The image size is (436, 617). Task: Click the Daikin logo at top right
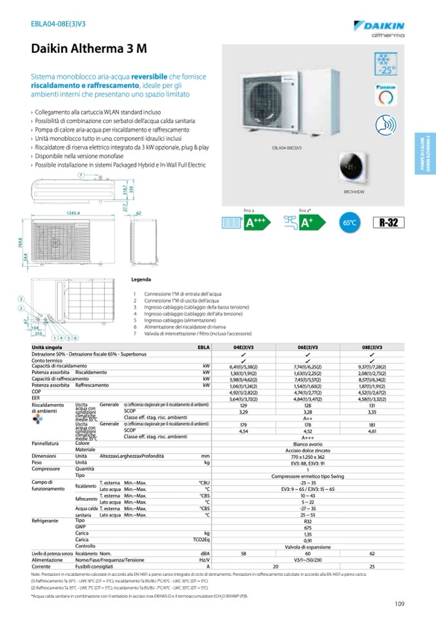point(379,26)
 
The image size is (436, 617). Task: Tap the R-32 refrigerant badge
point(388,223)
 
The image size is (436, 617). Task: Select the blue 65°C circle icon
point(349,223)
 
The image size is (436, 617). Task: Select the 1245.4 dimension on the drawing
point(72,213)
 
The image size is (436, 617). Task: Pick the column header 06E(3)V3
point(307,347)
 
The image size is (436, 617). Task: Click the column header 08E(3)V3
point(372,347)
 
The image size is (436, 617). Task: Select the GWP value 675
point(307,527)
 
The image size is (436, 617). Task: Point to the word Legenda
point(141,280)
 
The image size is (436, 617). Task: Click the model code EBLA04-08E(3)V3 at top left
point(60,24)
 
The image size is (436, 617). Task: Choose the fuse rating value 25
point(372,566)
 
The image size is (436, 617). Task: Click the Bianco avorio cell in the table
point(307,443)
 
